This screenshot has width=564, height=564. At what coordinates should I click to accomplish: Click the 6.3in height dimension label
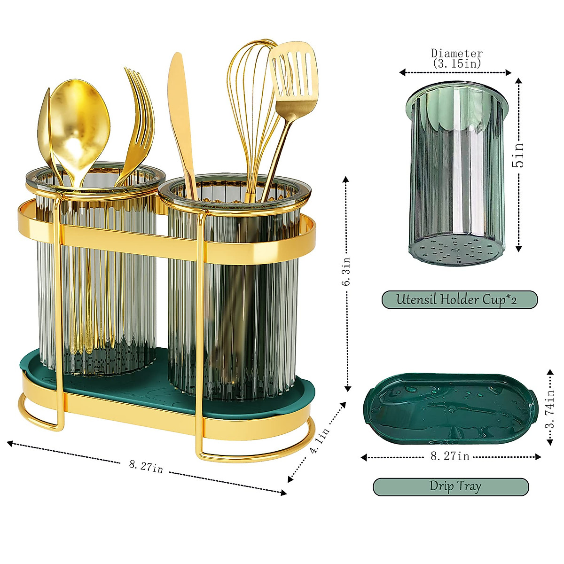[x=346, y=271]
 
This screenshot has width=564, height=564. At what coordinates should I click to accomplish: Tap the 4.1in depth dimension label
[x=319, y=440]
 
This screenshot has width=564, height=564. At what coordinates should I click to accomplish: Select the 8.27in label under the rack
[x=146, y=467]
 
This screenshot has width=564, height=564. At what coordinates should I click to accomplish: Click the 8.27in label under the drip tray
[x=450, y=456]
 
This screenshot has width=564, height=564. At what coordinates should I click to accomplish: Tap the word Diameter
[x=457, y=54]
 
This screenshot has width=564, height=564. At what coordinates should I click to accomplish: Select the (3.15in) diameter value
[x=457, y=63]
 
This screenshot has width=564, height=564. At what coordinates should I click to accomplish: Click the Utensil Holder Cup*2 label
[x=459, y=299]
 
